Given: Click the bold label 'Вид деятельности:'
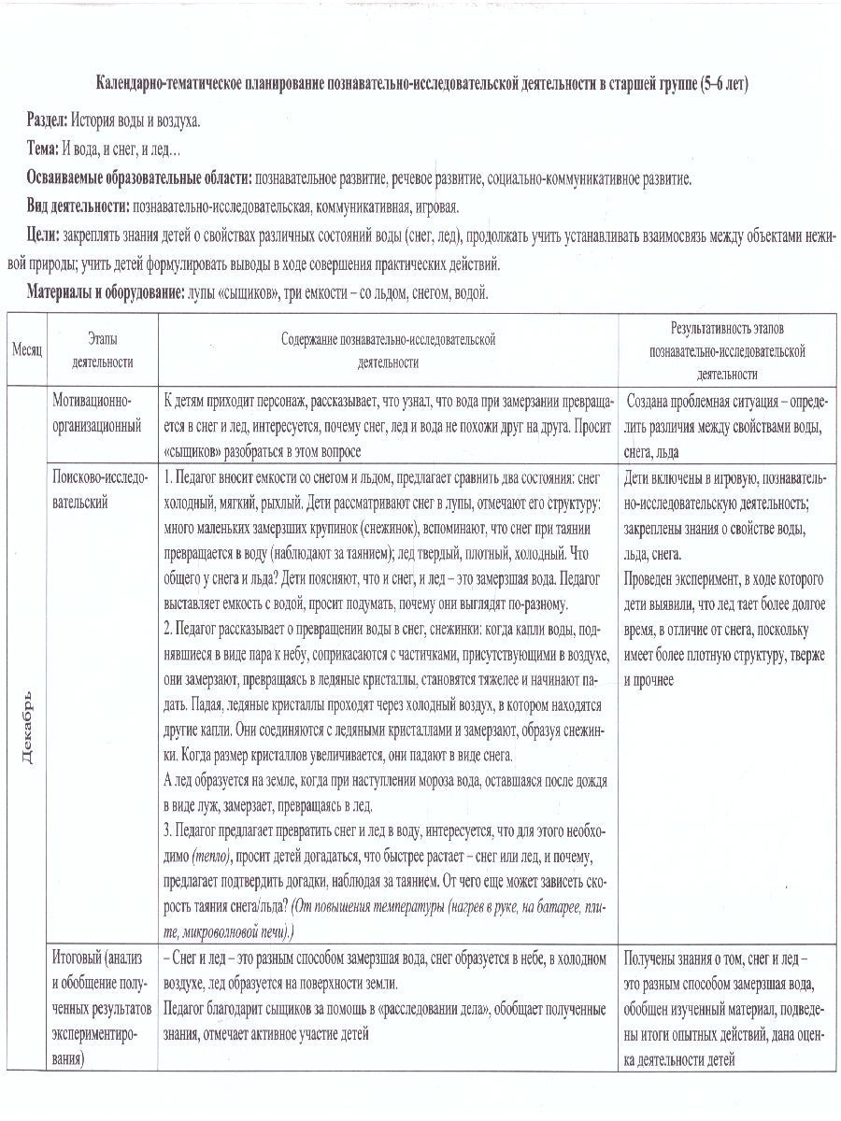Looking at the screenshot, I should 78,206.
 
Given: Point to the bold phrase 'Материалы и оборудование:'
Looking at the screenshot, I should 105,292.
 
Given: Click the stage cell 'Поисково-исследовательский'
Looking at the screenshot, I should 100,490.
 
